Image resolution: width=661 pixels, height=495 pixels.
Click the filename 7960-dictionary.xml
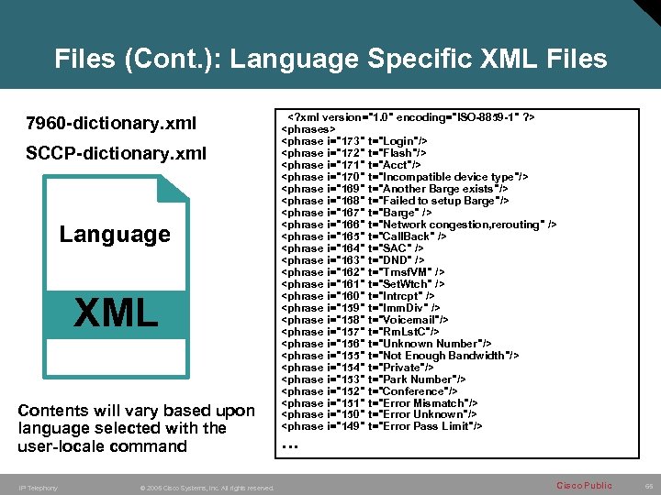(x=111, y=124)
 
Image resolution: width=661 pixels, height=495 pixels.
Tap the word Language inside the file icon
(x=115, y=234)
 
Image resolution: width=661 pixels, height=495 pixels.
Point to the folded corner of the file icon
(x=173, y=188)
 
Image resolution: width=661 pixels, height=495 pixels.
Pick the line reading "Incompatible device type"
(x=404, y=176)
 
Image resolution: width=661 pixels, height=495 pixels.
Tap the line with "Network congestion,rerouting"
(x=418, y=225)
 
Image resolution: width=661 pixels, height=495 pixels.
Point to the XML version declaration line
(x=412, y=117)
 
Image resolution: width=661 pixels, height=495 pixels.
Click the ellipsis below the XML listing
(x=290, y=445)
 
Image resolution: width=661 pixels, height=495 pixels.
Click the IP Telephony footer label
(x=38, y=488)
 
